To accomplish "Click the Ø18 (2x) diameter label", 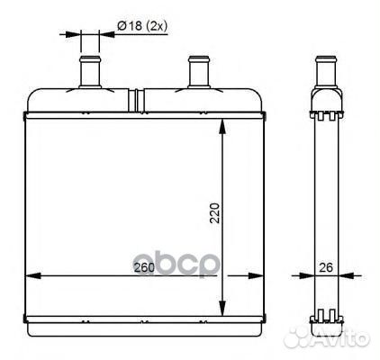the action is point(141,26).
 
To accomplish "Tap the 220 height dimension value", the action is point(215,213).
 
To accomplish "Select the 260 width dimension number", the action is point(144,267).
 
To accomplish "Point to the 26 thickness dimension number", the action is point(326,267).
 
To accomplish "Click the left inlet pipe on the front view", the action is point(90,72).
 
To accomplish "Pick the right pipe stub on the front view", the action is point(199,72).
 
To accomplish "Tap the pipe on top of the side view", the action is point(326,72).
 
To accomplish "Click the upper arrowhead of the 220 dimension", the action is point(222,127).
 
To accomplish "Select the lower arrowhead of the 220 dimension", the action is point(222,309).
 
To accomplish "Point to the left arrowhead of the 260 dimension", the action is point(33,276).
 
